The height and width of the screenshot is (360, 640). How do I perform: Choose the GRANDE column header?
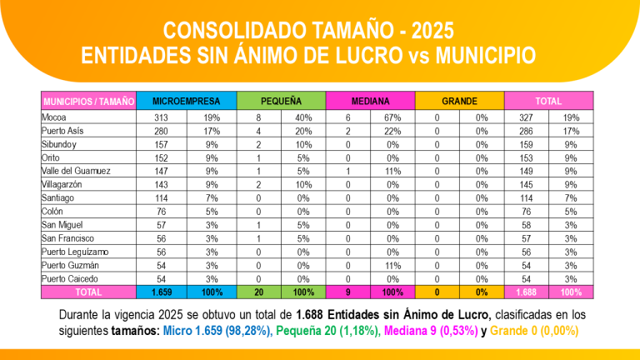[x=459, y=101]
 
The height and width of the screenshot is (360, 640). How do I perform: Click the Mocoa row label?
[x=54, y=117]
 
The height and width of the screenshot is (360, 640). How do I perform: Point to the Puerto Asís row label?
[x=63, y=131]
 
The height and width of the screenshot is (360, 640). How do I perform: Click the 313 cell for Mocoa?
[x=161, y=117]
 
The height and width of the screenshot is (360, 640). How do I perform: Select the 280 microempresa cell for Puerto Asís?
[x=161, y=131]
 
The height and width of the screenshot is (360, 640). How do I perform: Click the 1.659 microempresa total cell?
[x=161, y=292]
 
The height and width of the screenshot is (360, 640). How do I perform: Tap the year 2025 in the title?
[x=427, y=31]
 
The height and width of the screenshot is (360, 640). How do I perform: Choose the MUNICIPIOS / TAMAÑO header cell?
[x=88, y=101]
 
